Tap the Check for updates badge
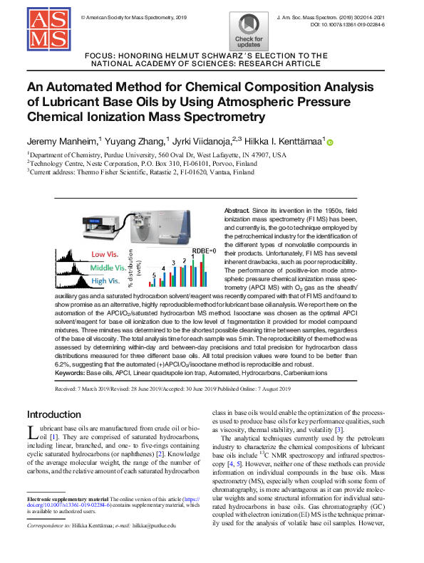click(x=248, y=30)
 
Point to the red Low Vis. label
click(x=103, y=254)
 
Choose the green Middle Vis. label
click(x=108, y=268)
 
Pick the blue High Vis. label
click(x=104, y=280)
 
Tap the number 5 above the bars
click(x=154, y=273)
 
